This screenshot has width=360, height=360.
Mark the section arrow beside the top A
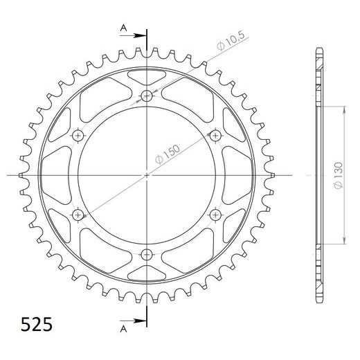pyautogui.click(x=138, y=33)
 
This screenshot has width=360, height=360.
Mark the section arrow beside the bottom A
pyautogui.click(x=138, y=321)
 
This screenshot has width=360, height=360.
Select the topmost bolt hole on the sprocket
pyautogui.click(x=147, y=96)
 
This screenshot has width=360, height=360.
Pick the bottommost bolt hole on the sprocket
pyautogui.click(x=147, y=253)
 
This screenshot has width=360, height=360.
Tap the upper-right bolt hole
pyautogui.click(x=216, y=135)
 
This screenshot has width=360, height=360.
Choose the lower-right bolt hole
pyautogui.click(x=216, y=214)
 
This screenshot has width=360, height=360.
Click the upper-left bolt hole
pyautogui.click(x=79, y=135)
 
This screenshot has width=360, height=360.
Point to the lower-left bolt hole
pyautogui.click(x=79, y=214)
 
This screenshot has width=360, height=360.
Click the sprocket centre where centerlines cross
pyautogui.click(x=147, y=174)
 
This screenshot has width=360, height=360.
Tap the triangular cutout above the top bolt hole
pyautogui.click(x=147, y=75)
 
